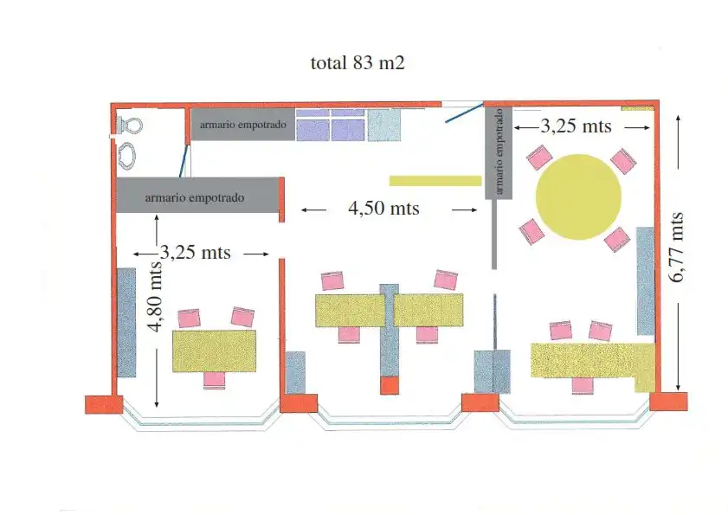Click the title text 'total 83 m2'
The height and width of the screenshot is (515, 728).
coord(358,62)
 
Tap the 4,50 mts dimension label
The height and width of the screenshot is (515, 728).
coord(383,208)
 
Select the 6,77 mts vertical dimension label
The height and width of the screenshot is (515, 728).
coord(676,247)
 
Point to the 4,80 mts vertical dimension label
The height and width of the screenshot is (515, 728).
coord(155,297)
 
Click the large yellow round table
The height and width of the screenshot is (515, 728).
coord(578,196)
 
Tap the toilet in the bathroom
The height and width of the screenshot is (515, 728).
coord(129,125)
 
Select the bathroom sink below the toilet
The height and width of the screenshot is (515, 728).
coord(126,155)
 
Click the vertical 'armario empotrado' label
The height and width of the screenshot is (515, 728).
coord(499,151)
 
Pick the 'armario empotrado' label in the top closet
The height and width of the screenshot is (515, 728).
coord(243,125)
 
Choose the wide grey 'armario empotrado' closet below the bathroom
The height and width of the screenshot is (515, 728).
coord(197,195)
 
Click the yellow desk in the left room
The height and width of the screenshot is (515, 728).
coord(214,351)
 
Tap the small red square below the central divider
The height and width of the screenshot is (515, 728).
coord(390,385)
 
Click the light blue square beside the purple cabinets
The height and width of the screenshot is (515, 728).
coord(384,125)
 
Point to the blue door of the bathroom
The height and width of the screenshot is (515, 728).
coord(184,161)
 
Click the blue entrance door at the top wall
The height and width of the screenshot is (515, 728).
coord(464,113)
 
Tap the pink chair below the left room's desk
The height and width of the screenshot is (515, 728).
coord(214,380)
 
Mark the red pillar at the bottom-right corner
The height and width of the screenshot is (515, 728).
coord(668,402)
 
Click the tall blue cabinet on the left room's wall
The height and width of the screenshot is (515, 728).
coord(126,322)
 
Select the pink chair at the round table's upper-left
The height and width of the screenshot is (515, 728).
coord(539,157)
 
